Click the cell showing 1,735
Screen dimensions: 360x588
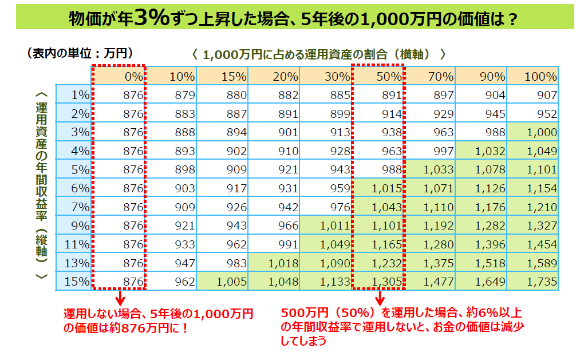pyautogui.click(x=532, y=282)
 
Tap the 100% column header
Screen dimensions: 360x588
pyautogui.click(x=532, y=76)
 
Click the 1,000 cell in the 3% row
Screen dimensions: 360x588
pyautogui.click(x=532, y=132)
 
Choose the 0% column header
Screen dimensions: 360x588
pyautogui.click(x=119, y=76)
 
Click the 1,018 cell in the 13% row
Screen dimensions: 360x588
pyautogui.click(x=274, y=263)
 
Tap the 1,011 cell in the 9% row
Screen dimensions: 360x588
pyautogui.click(x=326, y=226)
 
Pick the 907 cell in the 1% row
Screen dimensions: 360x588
pyautogui.click(x=532, y=95)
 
